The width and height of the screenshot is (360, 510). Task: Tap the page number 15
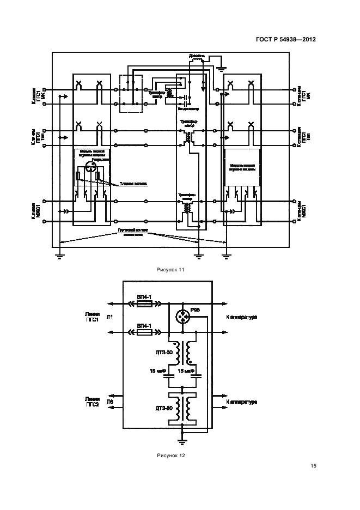pos(313,466)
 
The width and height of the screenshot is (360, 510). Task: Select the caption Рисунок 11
pos(170,270)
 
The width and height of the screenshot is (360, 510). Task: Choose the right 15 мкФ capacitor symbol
pos(197,375)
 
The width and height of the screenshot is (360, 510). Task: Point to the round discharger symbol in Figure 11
pos(90,169)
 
